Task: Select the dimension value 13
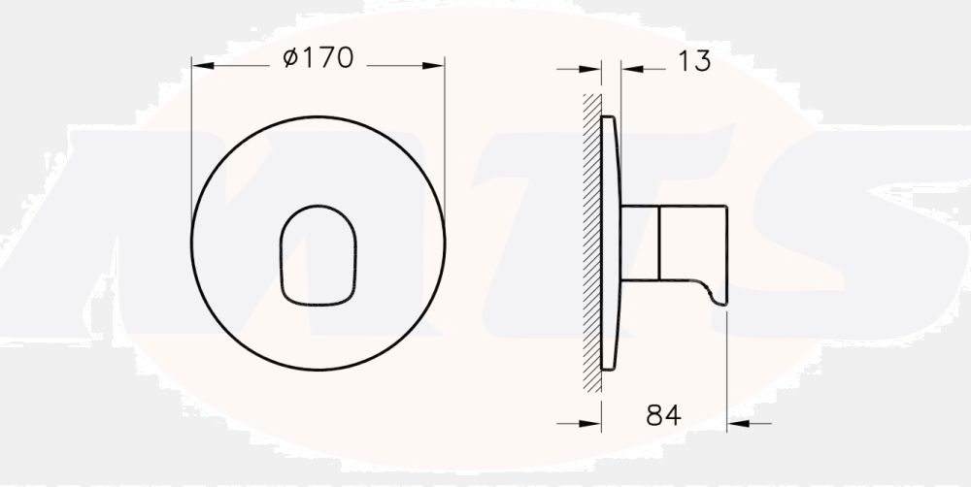693,62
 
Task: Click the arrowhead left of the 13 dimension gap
593,68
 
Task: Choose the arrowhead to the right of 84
737,422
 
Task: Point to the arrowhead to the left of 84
593,422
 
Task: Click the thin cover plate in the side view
611,243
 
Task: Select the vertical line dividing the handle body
660,243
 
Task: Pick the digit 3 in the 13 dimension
702,62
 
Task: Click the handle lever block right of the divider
693,243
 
